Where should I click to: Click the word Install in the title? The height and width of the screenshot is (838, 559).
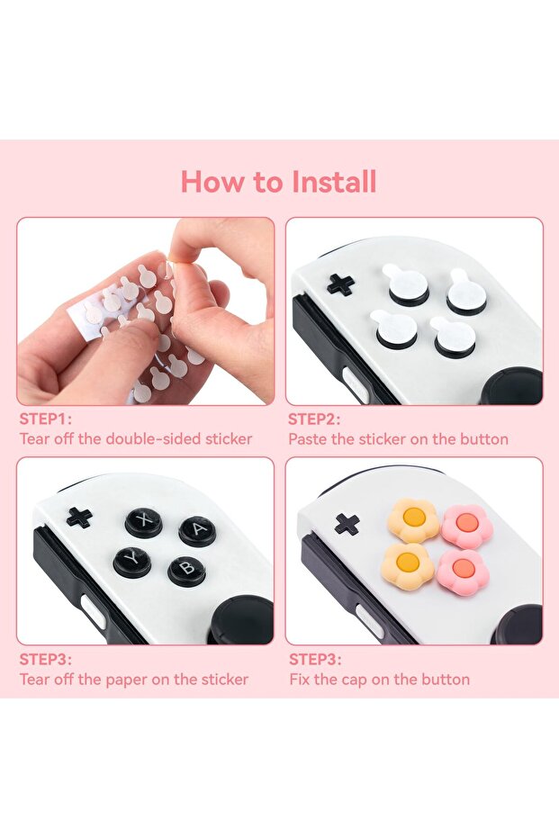tap(335, 182)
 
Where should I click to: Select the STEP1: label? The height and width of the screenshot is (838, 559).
tap(45, 419)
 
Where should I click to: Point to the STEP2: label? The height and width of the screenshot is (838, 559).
tap(314, 419)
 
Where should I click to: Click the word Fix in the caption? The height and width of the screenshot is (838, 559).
tap(299, 680)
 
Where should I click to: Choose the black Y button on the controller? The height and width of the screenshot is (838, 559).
tap(132, 563)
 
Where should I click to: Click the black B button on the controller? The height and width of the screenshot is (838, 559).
tap(186, 571)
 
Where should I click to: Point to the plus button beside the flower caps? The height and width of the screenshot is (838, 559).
tap(347, 524)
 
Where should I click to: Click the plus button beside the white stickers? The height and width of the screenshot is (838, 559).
tap(340, 284)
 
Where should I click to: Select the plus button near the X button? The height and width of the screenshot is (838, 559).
tap(79, 518)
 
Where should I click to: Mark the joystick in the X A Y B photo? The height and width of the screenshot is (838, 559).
tap(242, 620)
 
